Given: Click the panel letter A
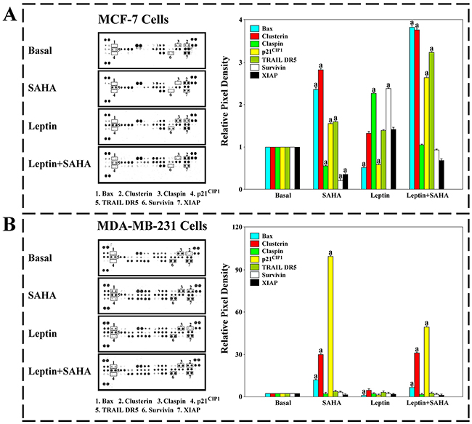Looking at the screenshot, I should (x=11, y=15).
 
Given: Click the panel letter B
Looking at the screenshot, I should (x=11, y=219).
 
